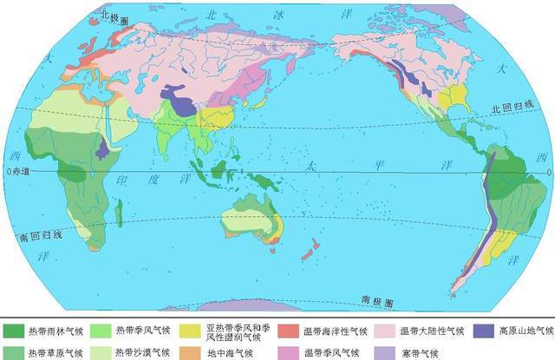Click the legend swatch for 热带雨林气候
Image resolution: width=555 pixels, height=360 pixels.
point(14,331)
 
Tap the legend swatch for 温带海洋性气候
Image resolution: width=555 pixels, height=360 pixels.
point(289,331)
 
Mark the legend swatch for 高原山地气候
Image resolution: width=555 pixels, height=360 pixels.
point(482,331)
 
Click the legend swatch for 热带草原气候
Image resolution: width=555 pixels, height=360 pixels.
point(14,350)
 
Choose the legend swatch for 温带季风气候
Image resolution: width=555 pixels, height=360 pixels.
point(289,350)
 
